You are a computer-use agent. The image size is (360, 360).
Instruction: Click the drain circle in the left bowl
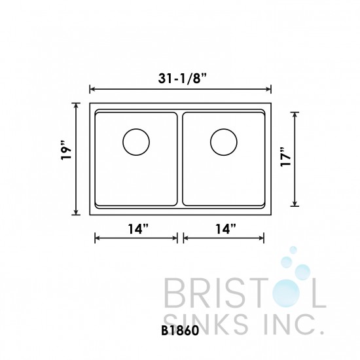coord(137,141)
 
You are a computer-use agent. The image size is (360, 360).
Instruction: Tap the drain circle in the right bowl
coord(224,141)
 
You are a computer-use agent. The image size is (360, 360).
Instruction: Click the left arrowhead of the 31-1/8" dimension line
coord(92,88)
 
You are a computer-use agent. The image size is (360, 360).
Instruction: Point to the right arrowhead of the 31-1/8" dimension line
coord(269,88)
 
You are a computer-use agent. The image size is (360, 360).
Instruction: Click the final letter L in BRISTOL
coord(318,293)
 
